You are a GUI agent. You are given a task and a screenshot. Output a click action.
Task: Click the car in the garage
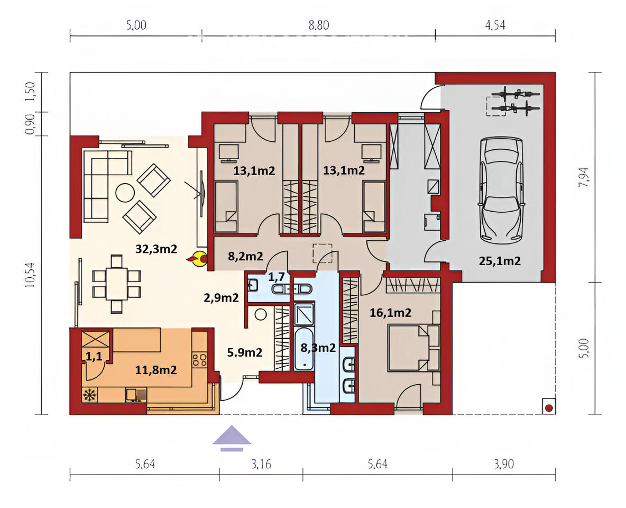tap(501, 190)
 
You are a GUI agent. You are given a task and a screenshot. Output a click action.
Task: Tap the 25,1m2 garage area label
tap(500, 261)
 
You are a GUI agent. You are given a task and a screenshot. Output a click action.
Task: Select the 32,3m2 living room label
tap(156, 249)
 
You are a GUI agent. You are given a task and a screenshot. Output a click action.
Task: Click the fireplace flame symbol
tap(197, 259)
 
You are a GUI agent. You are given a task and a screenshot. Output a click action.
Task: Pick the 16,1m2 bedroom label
tap(390, 313)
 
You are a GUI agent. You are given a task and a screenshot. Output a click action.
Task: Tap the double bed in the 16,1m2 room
tap(413, 348)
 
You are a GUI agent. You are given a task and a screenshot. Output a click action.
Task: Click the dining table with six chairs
tap(116, 284)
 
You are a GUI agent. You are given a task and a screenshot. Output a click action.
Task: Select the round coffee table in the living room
tap(125, 193)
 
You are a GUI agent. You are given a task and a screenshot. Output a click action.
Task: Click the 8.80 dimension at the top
tap(319, 25)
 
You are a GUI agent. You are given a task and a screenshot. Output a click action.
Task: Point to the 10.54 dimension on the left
tap(30, 275)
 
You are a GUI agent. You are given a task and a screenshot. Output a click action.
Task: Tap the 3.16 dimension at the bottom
tap(262, 464)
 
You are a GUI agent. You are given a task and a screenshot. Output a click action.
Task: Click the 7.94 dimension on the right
tap(584, 177)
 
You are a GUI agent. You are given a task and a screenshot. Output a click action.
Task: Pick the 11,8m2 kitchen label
tap(155, 370)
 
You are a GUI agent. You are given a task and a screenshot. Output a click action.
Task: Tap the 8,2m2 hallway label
tap(245, 256)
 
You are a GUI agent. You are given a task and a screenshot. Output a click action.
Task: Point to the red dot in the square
tap(549, 408)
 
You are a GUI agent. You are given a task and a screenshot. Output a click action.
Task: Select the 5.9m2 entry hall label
tap(245, 352)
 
